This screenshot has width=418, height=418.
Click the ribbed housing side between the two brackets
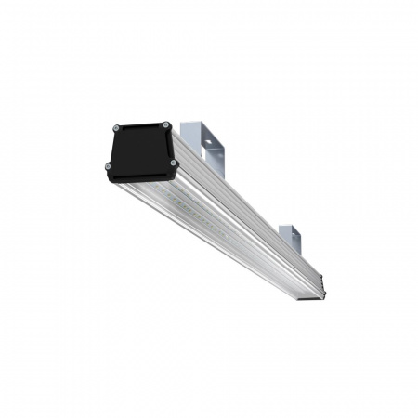tap(246, 200)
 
